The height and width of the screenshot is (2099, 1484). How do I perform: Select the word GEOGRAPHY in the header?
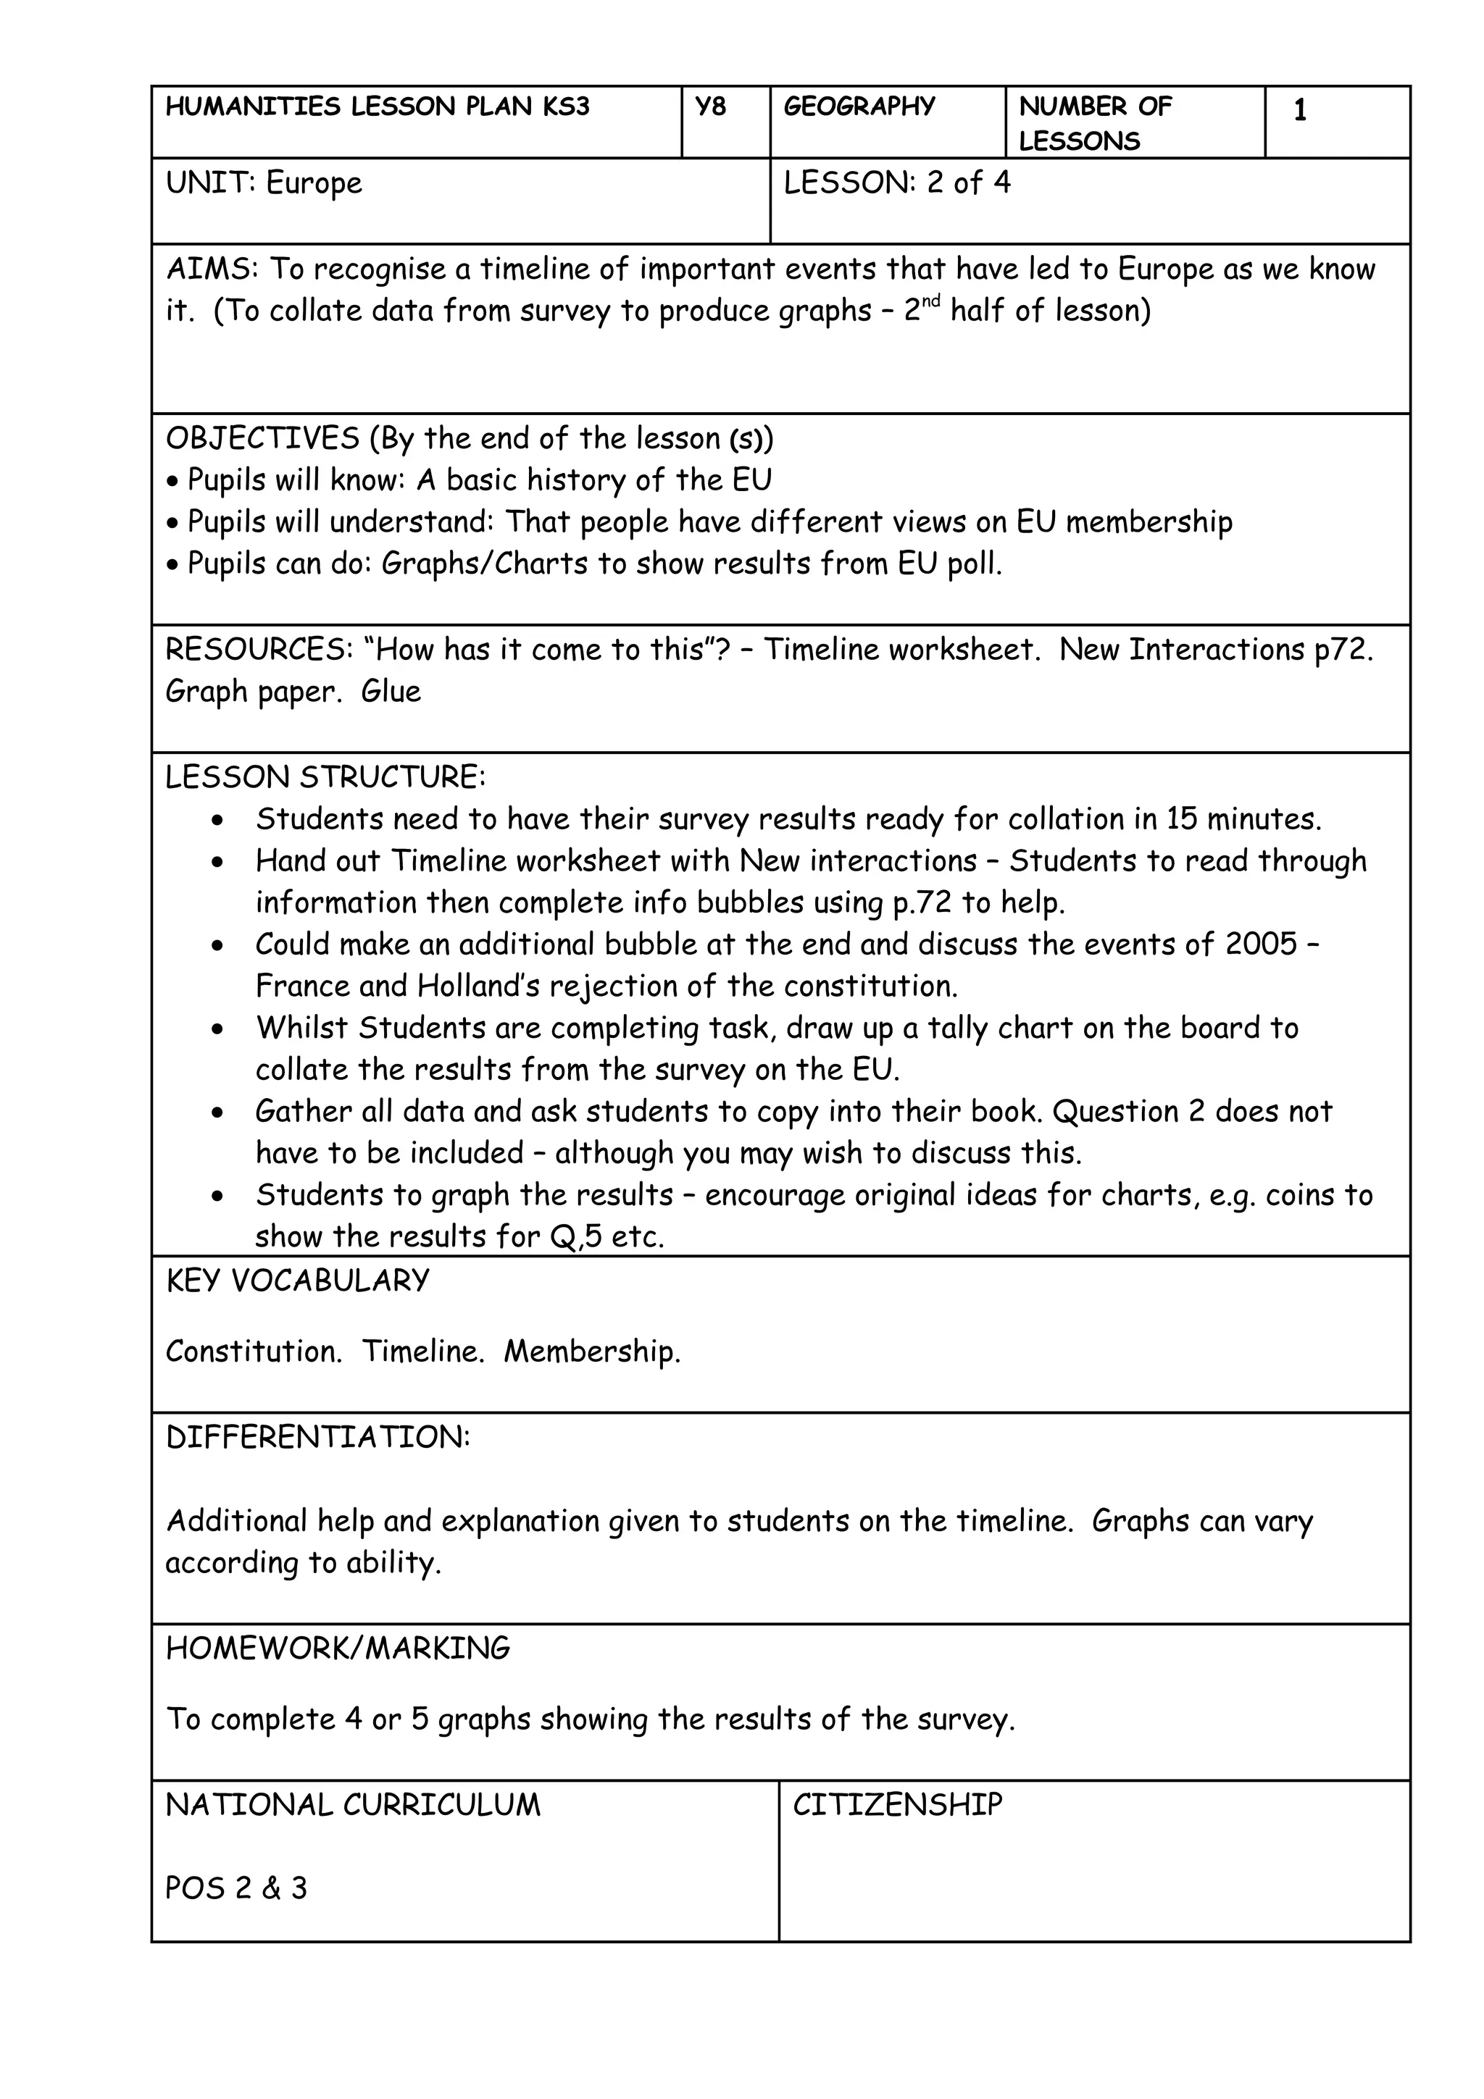coord(859,107)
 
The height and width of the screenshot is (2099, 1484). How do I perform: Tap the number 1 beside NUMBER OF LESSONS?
coord(1299,111)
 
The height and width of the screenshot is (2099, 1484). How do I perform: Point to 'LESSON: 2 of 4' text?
coord(896,183)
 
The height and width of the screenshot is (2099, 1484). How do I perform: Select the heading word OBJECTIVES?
coord(262,439)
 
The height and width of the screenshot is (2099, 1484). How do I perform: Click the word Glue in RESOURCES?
coord(391,692)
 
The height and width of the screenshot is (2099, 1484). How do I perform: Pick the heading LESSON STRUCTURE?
coord(325,778)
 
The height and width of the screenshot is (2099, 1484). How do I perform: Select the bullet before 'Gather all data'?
coord(217,1113)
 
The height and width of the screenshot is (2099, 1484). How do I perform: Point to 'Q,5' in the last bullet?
coord(576,1238)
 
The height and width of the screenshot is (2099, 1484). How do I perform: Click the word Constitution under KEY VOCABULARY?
coord(254,1352)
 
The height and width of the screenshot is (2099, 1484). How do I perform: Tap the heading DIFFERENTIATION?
coord(317,1437)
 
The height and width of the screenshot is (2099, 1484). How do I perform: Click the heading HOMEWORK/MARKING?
coord(338,1648)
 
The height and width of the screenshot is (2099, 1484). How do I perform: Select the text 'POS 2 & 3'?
coord(236,1888)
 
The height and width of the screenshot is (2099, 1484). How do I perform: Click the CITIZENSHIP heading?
coord(897,1805)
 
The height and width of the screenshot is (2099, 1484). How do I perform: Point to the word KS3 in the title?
coord(565,107)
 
